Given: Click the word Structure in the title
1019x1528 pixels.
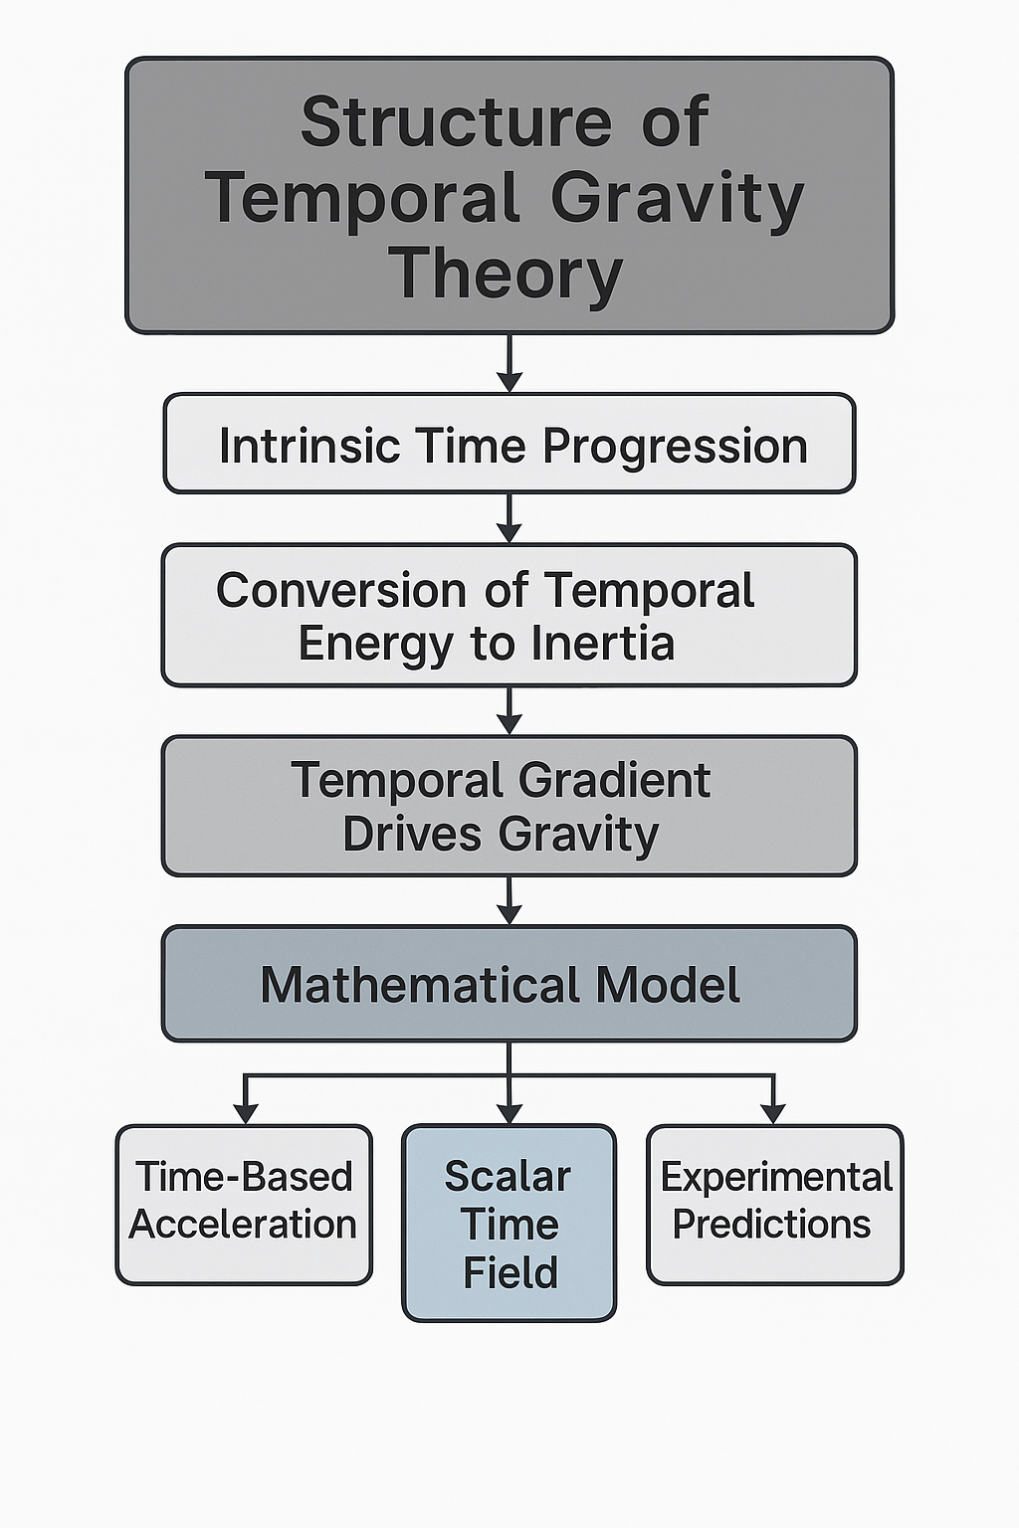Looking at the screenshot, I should click(x=457, y=122).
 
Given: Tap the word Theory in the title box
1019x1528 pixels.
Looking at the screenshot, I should click(x=506, y=275).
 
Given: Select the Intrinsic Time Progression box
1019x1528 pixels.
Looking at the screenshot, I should click(x=509, y=444).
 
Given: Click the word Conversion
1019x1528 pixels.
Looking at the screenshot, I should click(x=341, y=590).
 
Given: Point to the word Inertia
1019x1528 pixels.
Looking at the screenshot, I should click(x=603, y=644).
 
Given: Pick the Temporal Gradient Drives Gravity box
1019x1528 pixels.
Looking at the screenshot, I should click(x=509, y=806).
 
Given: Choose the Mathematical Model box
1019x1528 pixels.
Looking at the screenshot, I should click(x=509, y=984).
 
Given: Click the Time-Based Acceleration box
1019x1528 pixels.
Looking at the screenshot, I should click(x=244, y=1204).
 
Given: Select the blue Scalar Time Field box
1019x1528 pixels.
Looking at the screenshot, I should click(x=509, y=1223).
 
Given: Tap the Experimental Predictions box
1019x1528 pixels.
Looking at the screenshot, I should click(x=774, y=1204).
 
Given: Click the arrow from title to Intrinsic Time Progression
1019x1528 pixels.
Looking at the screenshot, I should click(x=509, y=364).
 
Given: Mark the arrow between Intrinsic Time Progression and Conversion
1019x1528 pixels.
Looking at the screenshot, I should click(x=509, y=518).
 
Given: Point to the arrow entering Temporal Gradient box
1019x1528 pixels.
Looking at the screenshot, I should click(x=509, y=710).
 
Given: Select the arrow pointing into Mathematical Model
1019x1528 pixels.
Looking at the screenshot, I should click(x=509, y=900).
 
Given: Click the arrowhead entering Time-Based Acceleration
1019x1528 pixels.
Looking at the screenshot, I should click(x=244, y=1113).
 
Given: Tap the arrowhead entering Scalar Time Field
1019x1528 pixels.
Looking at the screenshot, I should click(x=509, y=1113).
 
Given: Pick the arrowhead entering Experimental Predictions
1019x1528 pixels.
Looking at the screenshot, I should click(x=773, y=1113).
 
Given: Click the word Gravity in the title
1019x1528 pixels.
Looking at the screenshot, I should click(x=677, y=199).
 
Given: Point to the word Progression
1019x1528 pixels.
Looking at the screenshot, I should click(x=675, y=446).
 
